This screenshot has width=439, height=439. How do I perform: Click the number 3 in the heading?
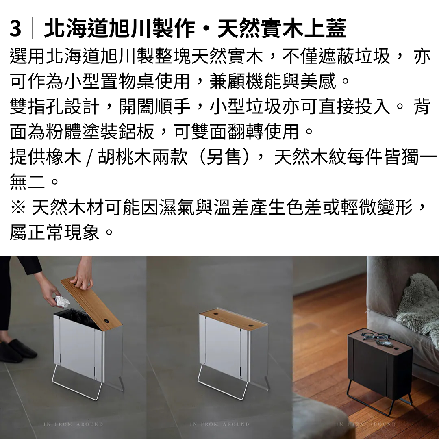pyautogui.click(x=15, y=28)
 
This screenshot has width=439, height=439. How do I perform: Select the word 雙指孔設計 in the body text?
pyautogui.click(x=54, y=106)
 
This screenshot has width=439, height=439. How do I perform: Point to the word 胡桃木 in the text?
pyautogui.click(x=125, y=157)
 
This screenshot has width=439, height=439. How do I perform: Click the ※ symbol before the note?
pyautogui.click(x=18, y=207)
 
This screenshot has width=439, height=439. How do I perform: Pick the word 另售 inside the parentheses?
pyautogui.click(x=224, y=157)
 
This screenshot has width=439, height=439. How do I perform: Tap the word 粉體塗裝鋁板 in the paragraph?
pyautogui.click(x=100, y=132)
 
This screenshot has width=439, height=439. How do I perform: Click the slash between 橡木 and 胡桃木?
pyautogui.click(x=89, y=157)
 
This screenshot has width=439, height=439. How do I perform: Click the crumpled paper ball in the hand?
pyautogui.click(x=62, y=301)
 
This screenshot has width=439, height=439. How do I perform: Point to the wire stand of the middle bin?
pyautogui.click(x=223, y=382)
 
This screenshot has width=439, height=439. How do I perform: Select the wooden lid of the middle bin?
pyautogui.click(x=234, y=319)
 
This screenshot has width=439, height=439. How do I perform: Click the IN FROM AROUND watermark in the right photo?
pyautogui.click(x=366, y=424)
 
